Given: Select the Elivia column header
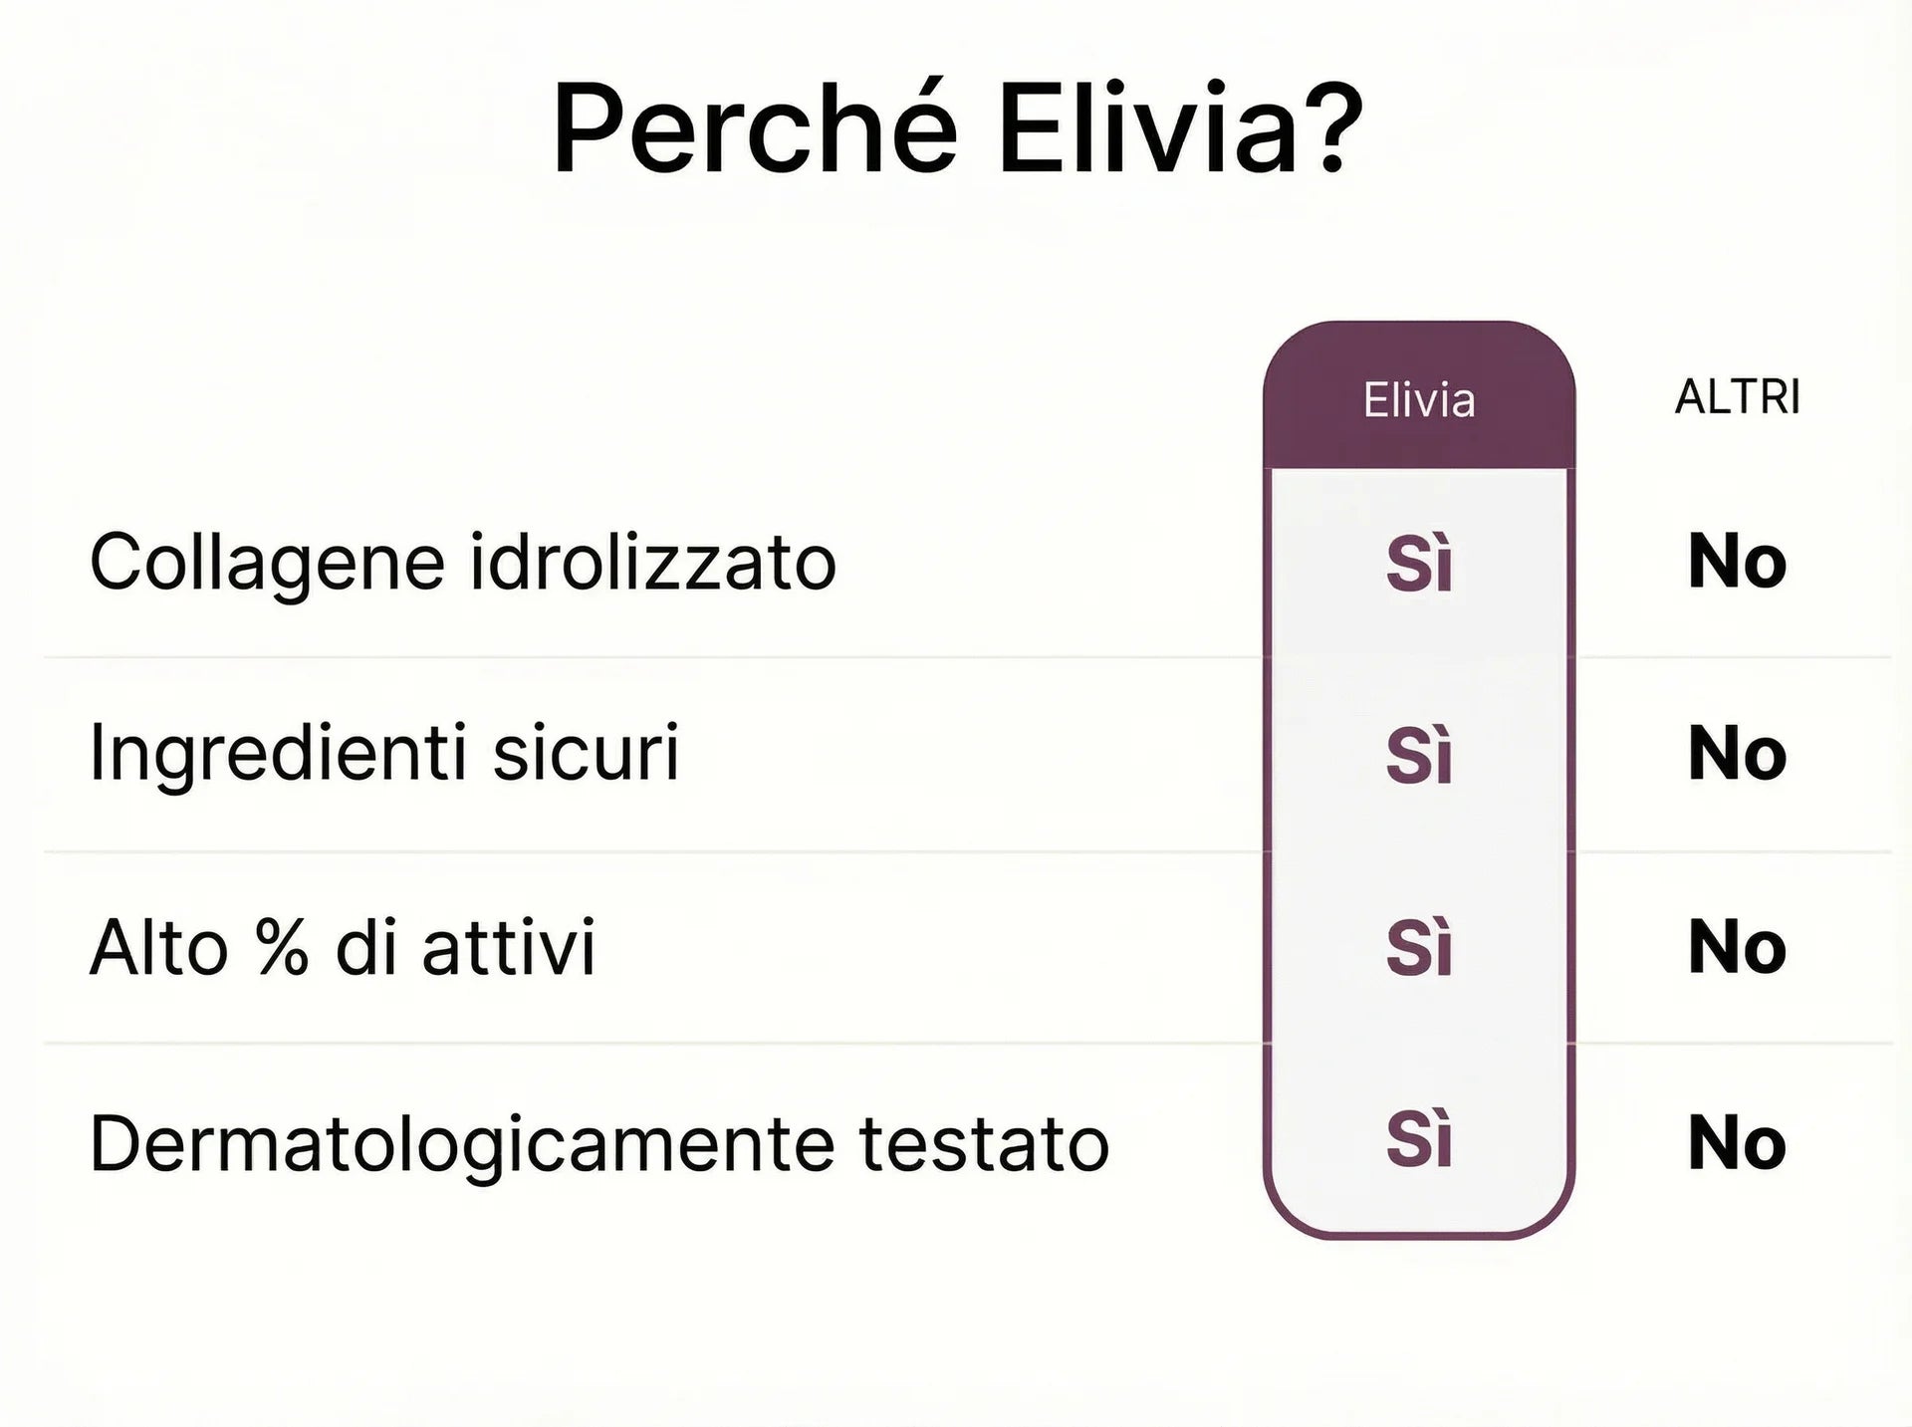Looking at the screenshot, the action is coord(1419,400).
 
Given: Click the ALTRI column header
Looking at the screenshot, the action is coord(1738,397).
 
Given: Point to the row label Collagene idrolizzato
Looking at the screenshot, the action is coord(463,562).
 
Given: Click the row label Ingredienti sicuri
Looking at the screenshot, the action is coord(384,753).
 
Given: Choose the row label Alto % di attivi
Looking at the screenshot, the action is coord(343,947).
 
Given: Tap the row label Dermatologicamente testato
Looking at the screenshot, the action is coord(599,1143).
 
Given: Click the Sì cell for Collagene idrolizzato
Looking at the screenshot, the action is coord(1419,565).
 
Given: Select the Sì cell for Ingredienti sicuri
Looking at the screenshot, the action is coord(1419,755).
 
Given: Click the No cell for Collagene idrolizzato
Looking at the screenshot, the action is coord(1738,563).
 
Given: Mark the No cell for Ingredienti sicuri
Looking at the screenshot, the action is coord(1738,754).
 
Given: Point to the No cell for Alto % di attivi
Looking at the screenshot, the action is coord(1738,947).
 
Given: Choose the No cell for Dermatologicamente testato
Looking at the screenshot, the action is coord(1738,1142).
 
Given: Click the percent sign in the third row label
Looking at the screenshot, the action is coord(282,947).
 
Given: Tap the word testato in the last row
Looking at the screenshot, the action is coord(985,1143).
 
